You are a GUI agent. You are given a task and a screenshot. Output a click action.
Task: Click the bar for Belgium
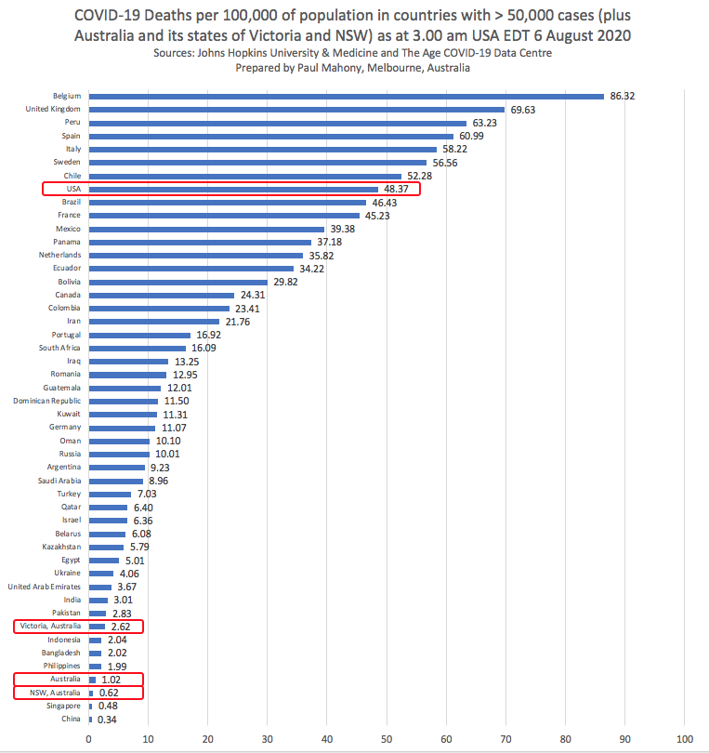tap(346, 96)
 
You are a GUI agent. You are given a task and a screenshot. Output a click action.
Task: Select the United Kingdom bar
tap(296, 109)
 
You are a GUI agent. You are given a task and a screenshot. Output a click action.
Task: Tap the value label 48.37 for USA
tap(400, 189)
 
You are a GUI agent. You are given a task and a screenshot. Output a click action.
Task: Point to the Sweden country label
tap(67, 162)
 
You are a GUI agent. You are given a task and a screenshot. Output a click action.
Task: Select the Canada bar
tap(161, 295)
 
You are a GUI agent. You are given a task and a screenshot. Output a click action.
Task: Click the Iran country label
tap(73, 321)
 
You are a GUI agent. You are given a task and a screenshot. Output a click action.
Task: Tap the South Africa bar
tap(137, 348)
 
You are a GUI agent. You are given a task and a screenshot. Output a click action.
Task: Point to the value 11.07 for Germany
tap(176, 428)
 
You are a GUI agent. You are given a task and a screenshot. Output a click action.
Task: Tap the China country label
tap(72, 720)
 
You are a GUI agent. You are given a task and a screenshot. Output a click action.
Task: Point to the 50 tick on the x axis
tap(387, 740)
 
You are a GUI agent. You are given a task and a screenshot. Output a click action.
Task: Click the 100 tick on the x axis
tap(684, 740)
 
